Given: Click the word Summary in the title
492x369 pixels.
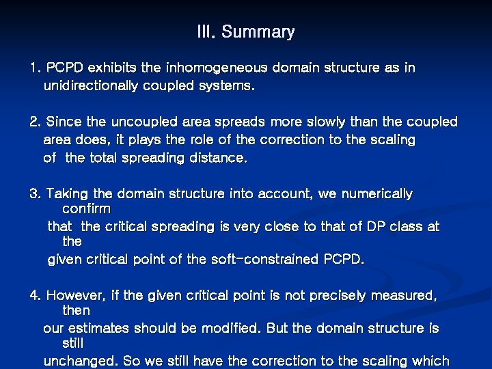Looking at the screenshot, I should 258,32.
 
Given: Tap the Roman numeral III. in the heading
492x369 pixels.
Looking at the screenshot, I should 206,32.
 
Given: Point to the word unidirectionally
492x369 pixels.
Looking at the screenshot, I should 90,86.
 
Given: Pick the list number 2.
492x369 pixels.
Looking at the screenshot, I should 35,122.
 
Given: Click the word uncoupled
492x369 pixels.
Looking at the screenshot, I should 143,122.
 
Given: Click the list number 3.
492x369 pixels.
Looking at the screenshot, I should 35,194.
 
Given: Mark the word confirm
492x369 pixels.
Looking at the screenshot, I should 86,208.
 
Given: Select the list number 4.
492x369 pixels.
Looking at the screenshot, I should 35,296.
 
